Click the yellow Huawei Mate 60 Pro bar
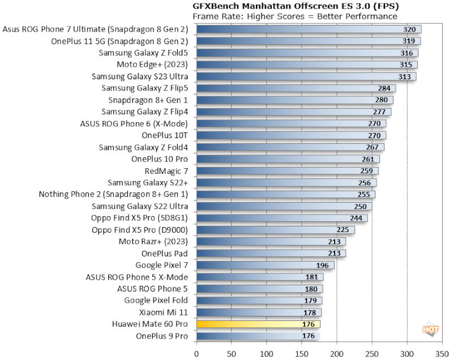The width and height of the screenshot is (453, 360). pos(258,324)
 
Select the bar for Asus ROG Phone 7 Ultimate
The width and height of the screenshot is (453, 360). pos(309,29)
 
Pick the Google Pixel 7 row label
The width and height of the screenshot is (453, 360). pos(162,265)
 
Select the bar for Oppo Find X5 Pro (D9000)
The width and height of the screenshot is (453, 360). pos(275,230)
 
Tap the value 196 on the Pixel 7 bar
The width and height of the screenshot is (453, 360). pos(322,265)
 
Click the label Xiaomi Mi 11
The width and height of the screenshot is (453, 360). pos(164,312)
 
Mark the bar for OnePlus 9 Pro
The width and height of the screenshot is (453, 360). pos(258,336)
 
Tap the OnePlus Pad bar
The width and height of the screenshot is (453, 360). pos(271,254)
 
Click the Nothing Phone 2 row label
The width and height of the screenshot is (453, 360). pos(113,194)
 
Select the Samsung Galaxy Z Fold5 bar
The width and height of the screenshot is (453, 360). pos(307,53)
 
